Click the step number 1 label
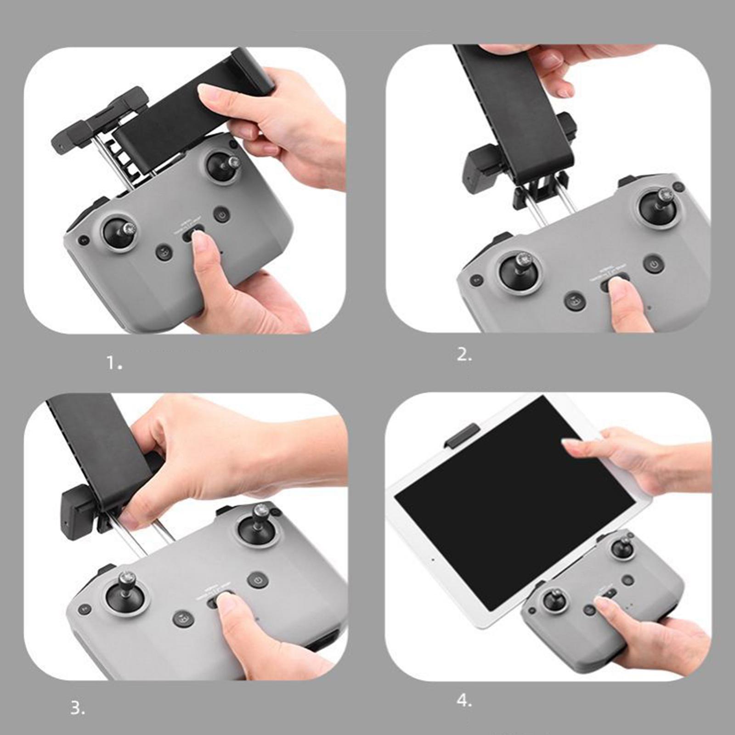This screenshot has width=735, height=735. [x=114, y=364]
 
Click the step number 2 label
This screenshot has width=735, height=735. [x=464, y=355]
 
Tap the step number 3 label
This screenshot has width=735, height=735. [x=78, y=708]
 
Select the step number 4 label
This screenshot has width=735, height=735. [x=464, y=701]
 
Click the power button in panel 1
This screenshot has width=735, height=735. [x=222, y=215]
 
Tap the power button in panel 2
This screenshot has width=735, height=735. [x=653, y=264]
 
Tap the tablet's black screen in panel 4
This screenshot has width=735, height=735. [x=514, y=505]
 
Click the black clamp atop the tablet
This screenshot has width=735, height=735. [x=462, y=435]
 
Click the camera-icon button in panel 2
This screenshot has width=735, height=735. [x=574, y=301]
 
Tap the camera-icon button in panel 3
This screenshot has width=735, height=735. [x=183, y=619]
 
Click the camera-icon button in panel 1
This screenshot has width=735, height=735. [x=164, y=252]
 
